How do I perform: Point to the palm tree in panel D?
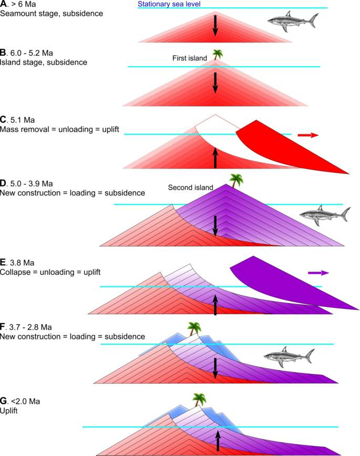tap(236, 180)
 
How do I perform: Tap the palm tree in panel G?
tap(199, 400)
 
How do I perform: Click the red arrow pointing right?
tap(308, 135)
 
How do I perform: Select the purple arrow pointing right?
tap(318, 273)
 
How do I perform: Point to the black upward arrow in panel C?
tap(215, 158)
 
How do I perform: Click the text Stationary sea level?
tap(169, 4)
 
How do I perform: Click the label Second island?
tap(190, 187)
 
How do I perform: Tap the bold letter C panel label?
tap(3, 120)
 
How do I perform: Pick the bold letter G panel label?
tap(4, 401)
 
